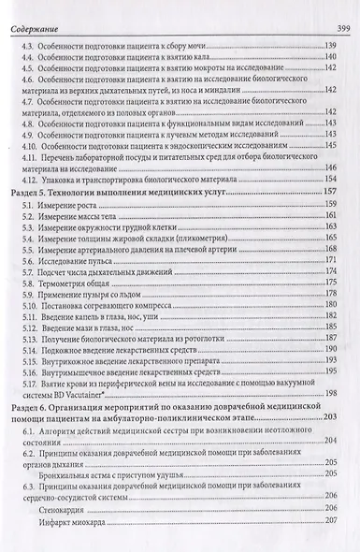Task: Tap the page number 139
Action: click(329, 46)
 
